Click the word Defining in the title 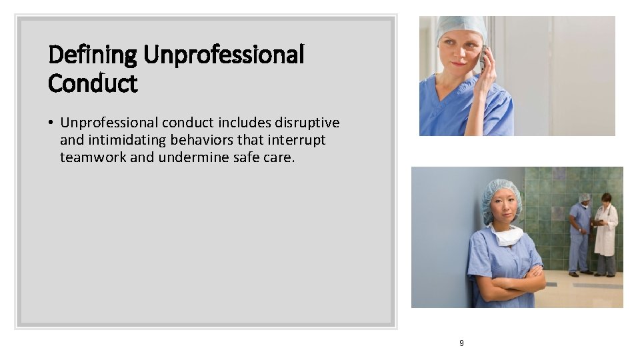point(93,55)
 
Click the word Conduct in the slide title point(93,84)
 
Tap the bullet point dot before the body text point(51,123)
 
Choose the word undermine point(193,157)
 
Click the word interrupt point(298,140)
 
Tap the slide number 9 point(461,343)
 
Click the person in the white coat point(606,233)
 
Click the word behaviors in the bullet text point(201,140)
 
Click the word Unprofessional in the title point(224,55)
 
